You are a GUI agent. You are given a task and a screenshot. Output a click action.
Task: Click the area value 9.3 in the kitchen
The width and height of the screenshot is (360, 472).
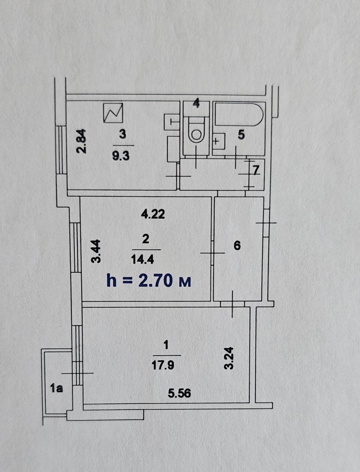tap(121, 155)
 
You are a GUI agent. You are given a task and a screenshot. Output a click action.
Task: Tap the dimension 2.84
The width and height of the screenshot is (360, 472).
tap(82, 141)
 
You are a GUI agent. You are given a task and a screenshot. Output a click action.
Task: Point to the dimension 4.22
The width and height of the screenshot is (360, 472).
tap(153, 214)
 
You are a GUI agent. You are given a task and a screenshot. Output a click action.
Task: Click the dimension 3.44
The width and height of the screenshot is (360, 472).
tap(96, 251)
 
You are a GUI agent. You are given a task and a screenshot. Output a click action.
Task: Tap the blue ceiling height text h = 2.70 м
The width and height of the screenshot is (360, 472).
tap(149, 281)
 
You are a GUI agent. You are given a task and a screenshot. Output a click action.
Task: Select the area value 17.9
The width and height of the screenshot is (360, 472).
tap(163, 365)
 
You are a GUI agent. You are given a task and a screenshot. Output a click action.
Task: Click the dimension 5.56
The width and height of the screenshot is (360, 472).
tap(179, 394)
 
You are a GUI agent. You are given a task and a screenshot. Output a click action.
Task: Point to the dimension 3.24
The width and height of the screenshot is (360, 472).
tap(229, 358)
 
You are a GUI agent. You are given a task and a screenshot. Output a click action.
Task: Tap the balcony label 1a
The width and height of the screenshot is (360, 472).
tap(57, 389)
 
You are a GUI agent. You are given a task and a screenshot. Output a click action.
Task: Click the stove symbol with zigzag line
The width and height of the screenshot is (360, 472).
tap(113, 113)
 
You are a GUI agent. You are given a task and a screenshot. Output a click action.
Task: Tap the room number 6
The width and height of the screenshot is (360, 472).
tap(237, 246)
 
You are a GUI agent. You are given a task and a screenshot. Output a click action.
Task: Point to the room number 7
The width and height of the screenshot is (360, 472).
tap(256, 170)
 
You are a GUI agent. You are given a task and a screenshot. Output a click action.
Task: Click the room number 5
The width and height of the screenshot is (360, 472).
tap(241, 135)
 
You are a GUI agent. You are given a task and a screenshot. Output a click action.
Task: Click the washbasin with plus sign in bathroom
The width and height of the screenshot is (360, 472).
tap(219, 141)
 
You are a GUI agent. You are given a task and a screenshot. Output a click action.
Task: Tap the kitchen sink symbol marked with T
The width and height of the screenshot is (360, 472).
tap(172, 122)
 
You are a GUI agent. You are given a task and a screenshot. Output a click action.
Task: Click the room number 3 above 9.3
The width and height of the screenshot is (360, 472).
tap(122, 135)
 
